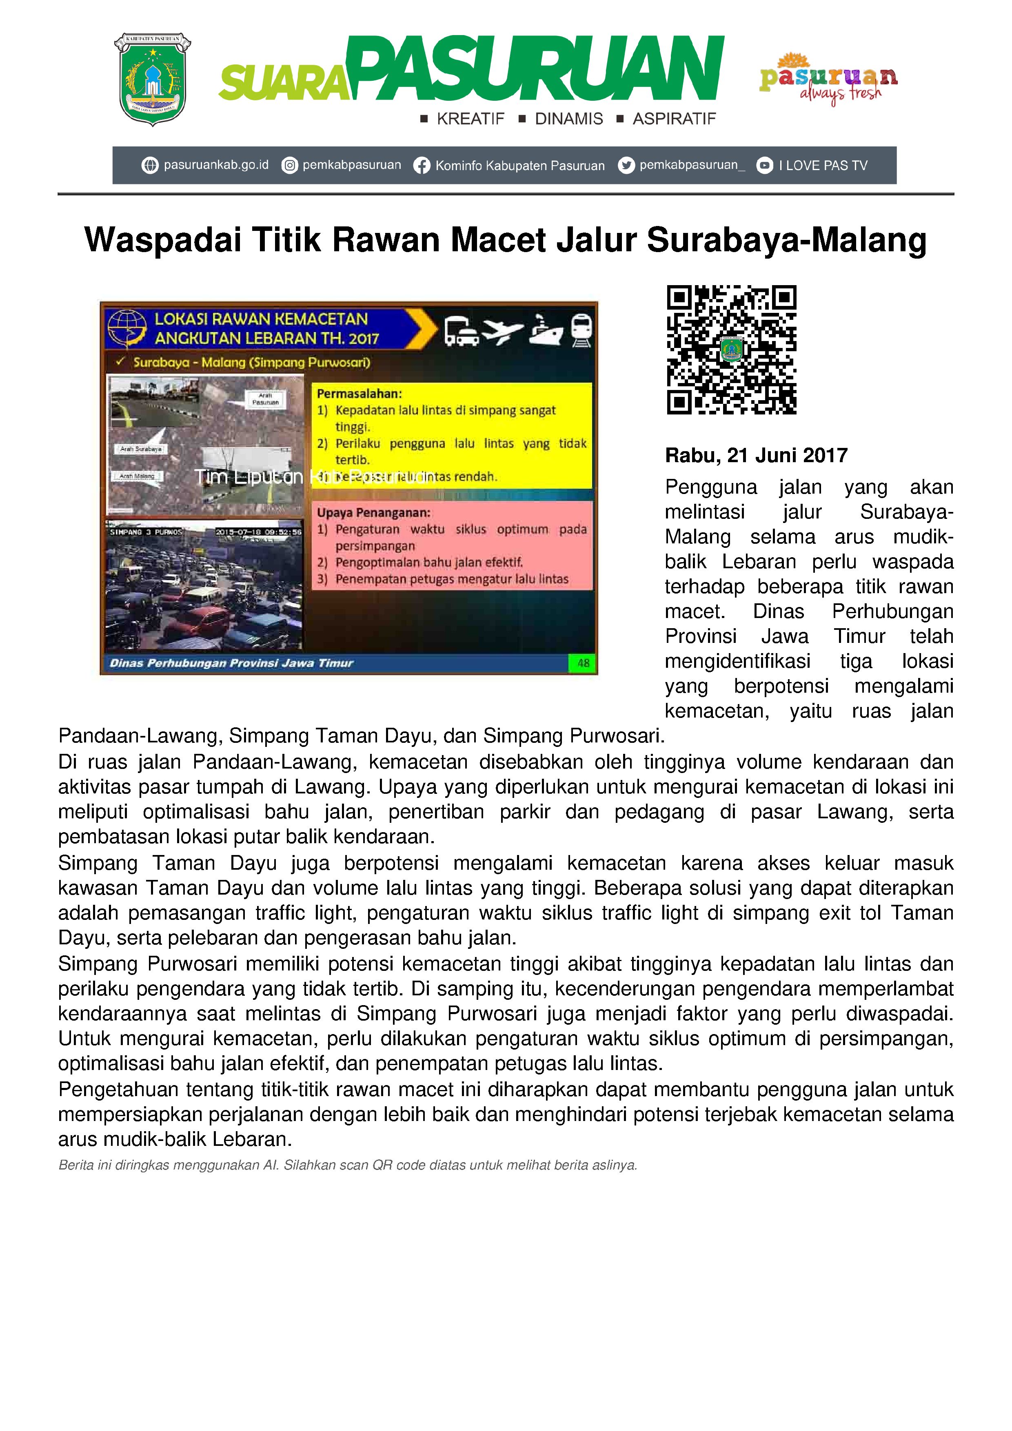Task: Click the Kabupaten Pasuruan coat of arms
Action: [152, 79]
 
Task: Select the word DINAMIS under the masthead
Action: [569, 119]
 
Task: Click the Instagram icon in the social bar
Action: [289, 166]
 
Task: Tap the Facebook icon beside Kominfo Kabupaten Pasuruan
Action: [422, 166]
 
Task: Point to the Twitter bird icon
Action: [626, 165]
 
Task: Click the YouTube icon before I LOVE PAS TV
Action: [764, 166]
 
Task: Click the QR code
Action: [731, 350]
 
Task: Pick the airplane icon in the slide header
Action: [503, 330]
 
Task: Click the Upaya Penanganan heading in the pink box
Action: [373, 513]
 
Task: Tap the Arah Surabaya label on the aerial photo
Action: [141, 449]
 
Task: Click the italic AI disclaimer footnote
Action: [347, 1165]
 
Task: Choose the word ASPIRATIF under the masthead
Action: [674, 119]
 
